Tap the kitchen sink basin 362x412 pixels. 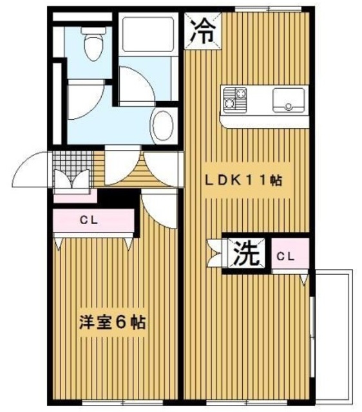(287, 100)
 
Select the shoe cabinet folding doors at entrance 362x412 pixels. (73, 182)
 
